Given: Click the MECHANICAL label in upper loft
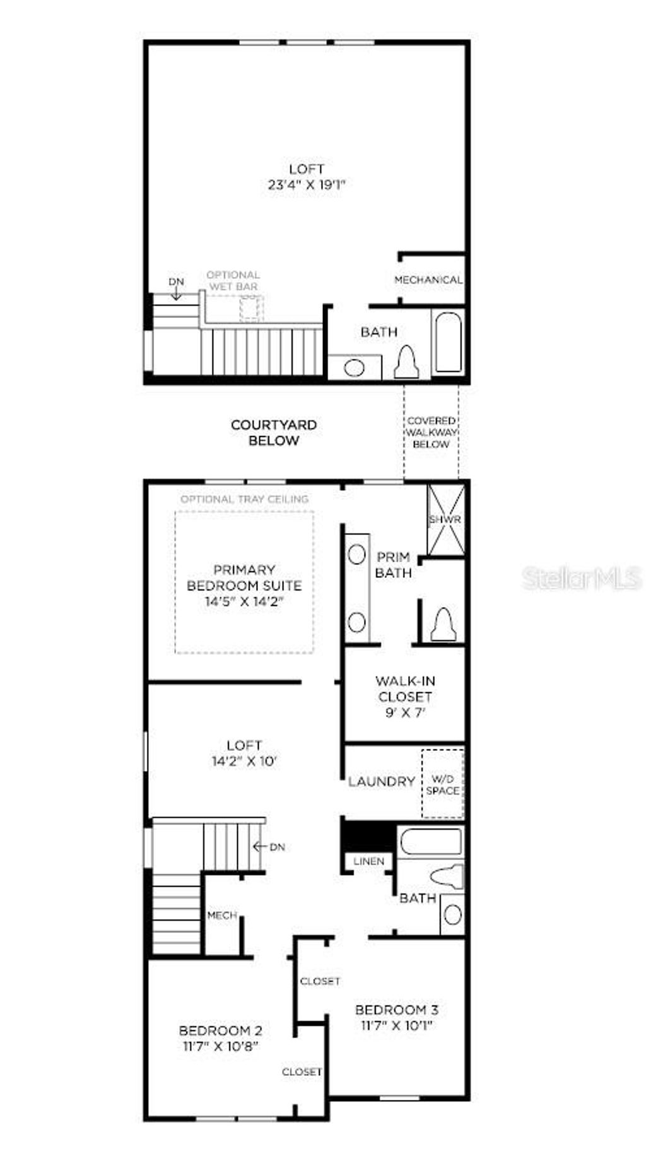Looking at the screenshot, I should pyautogui.click(x=428, y=280).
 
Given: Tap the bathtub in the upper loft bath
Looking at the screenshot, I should pyautogui.click(x=449, y=342).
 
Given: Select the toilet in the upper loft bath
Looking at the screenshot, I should pyautogui.click(x=406, y=363).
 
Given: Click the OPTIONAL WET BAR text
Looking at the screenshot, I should pyautogui.click(x=233, y=281).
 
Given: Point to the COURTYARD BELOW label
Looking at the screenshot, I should pyautogui.click(x=274, y=433).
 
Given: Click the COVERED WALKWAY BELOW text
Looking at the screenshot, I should pyautogui.click(x=432, y=432).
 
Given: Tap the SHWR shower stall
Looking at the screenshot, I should pyautogui.click(x=446, y=519).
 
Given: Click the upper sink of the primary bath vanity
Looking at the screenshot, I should pyautogui.click(x=357, y=555).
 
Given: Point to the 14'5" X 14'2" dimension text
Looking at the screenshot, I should pyautogui.click(x=244, y=601).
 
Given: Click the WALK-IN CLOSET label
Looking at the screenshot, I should pyautogui.click(x=405, y=689).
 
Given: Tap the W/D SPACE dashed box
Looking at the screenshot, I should pyautogui.click(x=443, y=784).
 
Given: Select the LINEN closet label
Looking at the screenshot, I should pyautogui.click(x=368, y=861).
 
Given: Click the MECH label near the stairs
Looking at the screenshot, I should pyautogui.click(x=222, y=915).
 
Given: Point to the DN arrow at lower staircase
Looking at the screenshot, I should pyautogui.click(x=269, y=847).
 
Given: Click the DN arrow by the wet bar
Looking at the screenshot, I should pyautogui.click(x=177, y=289).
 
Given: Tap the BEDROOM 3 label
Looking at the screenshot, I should pyautogui.click(x=397, y=1010).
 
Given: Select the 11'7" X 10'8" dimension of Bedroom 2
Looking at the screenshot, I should pyautogui.click(x=220, y=1046).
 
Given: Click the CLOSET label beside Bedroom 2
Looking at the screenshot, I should pyautogui.click(x=302, y=1071).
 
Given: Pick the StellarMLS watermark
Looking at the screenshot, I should pyautogui.click(x=581, y=578).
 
